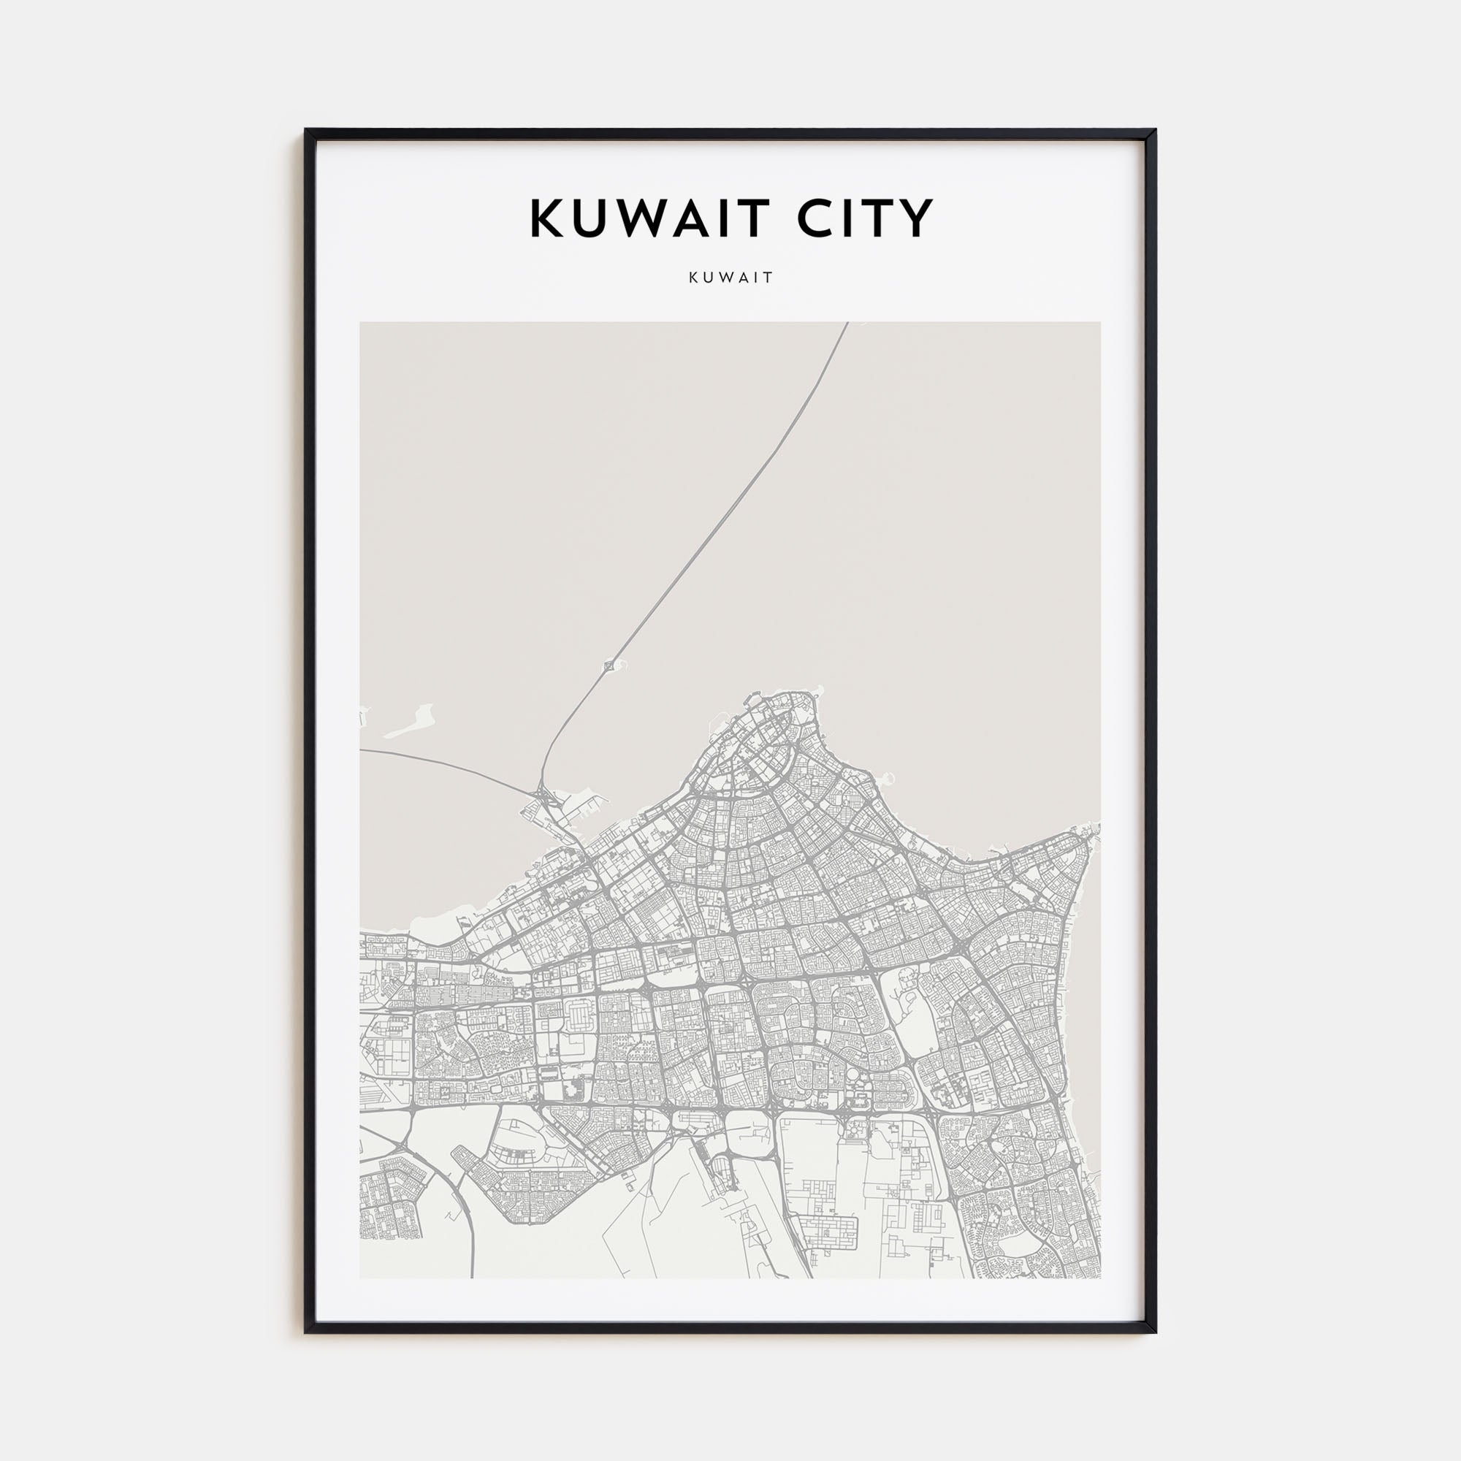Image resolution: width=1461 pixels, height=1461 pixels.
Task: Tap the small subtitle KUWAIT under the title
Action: (730, 278)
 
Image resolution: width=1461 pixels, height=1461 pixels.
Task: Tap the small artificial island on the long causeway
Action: (609, 665)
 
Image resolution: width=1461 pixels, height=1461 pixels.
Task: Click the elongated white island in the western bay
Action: (411, 722)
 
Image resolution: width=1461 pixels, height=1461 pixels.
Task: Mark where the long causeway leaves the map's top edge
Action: (847, 324)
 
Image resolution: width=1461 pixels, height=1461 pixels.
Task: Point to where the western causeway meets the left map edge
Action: (362, 750)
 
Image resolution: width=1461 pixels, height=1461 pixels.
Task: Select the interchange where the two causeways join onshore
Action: (543, 794)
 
